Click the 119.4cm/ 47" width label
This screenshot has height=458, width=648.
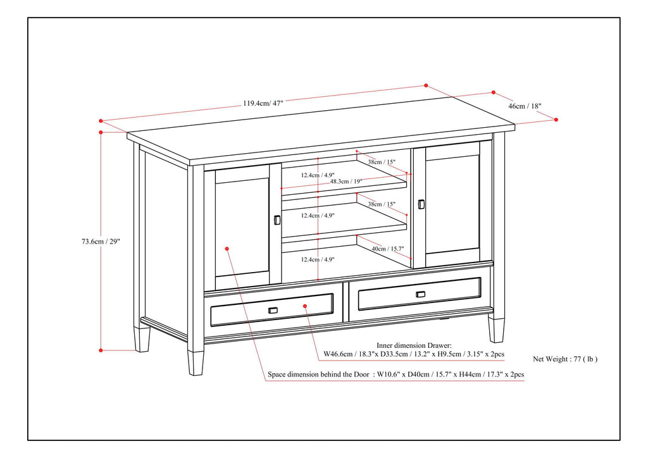[263, 103]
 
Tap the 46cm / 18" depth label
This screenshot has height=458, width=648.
[525, 106]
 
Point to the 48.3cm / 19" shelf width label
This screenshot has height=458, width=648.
[346, 182]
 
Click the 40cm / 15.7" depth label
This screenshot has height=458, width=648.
[387, 249]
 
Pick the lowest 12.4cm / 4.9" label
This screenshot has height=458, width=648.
[318, 259]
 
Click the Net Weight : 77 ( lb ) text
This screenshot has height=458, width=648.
[565, 359]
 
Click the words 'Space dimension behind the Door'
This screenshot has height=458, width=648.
[318, 374]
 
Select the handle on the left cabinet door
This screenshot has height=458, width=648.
[277, 220]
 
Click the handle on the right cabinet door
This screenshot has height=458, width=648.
[421, 204]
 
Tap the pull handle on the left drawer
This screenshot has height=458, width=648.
[273, 310]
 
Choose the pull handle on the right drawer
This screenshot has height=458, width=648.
[421, 294]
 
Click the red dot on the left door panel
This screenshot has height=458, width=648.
[227, 249]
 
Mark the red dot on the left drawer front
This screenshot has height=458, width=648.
[305, 306]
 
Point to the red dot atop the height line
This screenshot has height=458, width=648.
[101, 132]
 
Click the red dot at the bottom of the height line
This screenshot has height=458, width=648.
[101, 350]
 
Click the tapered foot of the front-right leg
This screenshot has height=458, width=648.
[496, 330]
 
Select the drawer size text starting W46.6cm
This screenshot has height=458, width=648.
[414, 354]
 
